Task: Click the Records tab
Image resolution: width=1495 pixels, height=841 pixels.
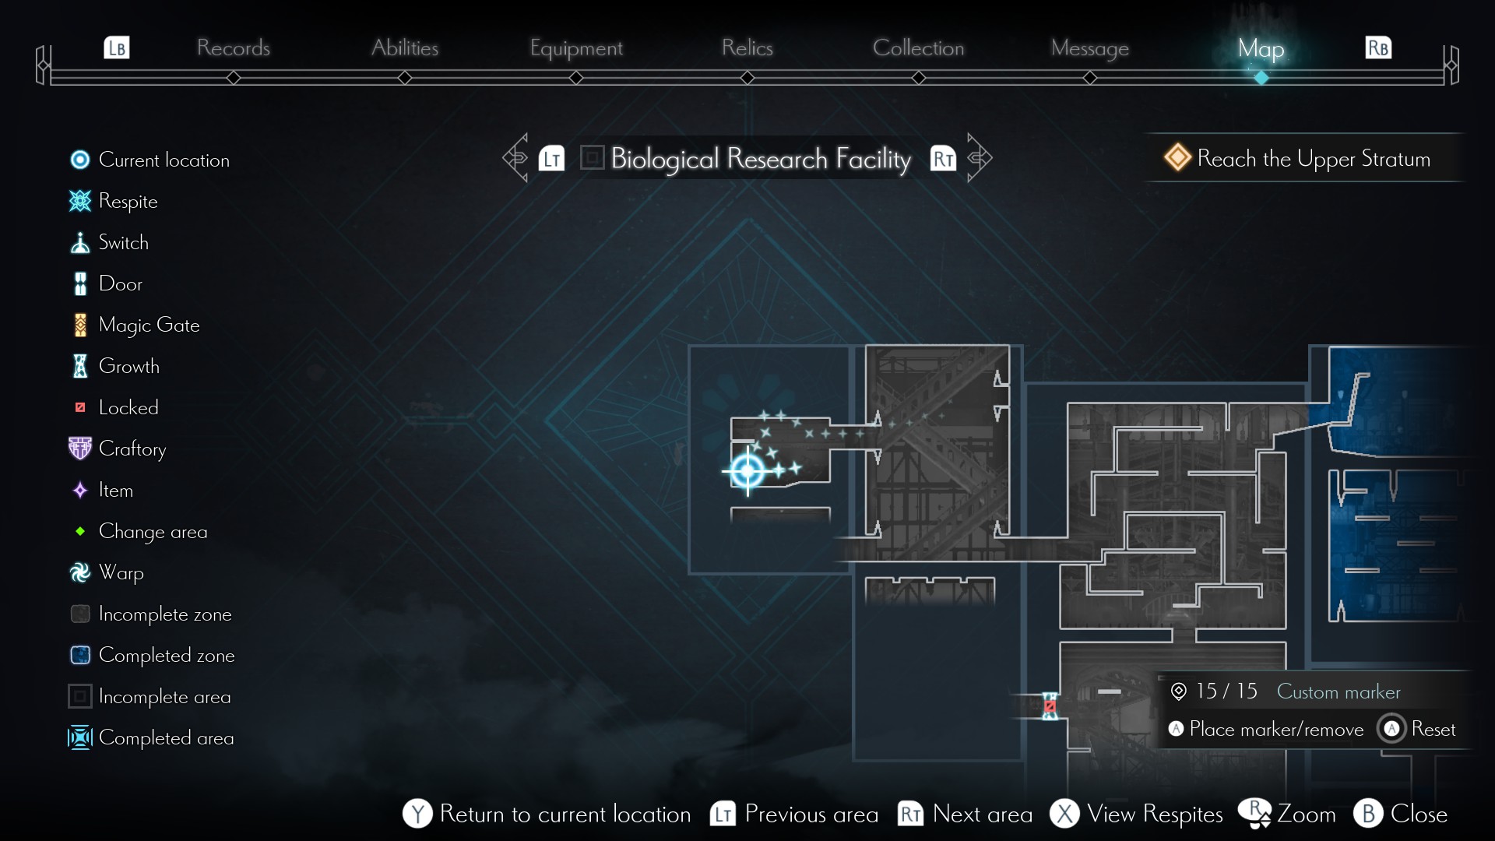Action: click(233, 48)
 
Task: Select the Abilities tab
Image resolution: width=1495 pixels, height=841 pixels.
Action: click(405, 48)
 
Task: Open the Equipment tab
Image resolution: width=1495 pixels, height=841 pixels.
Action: click(576, 48)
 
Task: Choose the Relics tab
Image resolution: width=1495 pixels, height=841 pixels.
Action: click(747, 48)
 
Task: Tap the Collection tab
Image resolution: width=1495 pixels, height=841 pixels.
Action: click(918, 48)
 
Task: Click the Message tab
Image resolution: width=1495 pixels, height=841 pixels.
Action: click(1089, 48)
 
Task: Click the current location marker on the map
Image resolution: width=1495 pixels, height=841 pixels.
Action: click(747, 470)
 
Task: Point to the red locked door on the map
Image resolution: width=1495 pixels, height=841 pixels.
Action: click(1050, 706)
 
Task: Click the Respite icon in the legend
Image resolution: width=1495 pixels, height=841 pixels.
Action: click(80, 201)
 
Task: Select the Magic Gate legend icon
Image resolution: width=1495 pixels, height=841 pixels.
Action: click(80, 325)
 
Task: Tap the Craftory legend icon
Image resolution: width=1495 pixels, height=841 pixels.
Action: click(80, 449)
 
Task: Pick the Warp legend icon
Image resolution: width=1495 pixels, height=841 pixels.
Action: click(80, 572)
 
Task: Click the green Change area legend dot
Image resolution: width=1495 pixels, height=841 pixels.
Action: click(80, 531)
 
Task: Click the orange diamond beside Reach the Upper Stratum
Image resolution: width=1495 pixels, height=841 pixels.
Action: click(1177, 157)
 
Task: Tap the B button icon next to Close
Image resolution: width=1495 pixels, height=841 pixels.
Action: click(1368, 814)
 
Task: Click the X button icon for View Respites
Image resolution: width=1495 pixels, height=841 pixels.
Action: click(1064, 814)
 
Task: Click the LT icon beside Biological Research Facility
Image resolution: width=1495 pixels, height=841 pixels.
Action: click(551, 159)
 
